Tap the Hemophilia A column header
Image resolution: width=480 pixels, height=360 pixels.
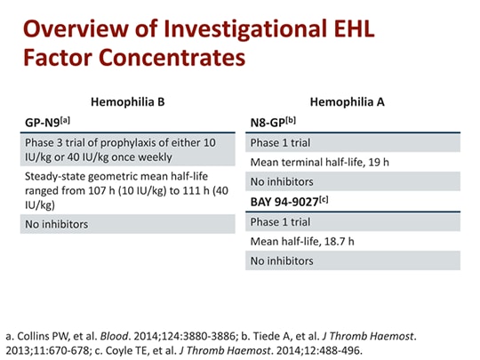tap(354, 102)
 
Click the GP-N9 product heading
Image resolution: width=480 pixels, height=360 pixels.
tap(49, 122)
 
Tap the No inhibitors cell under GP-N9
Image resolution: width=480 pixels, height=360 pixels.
tap(57, 225)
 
